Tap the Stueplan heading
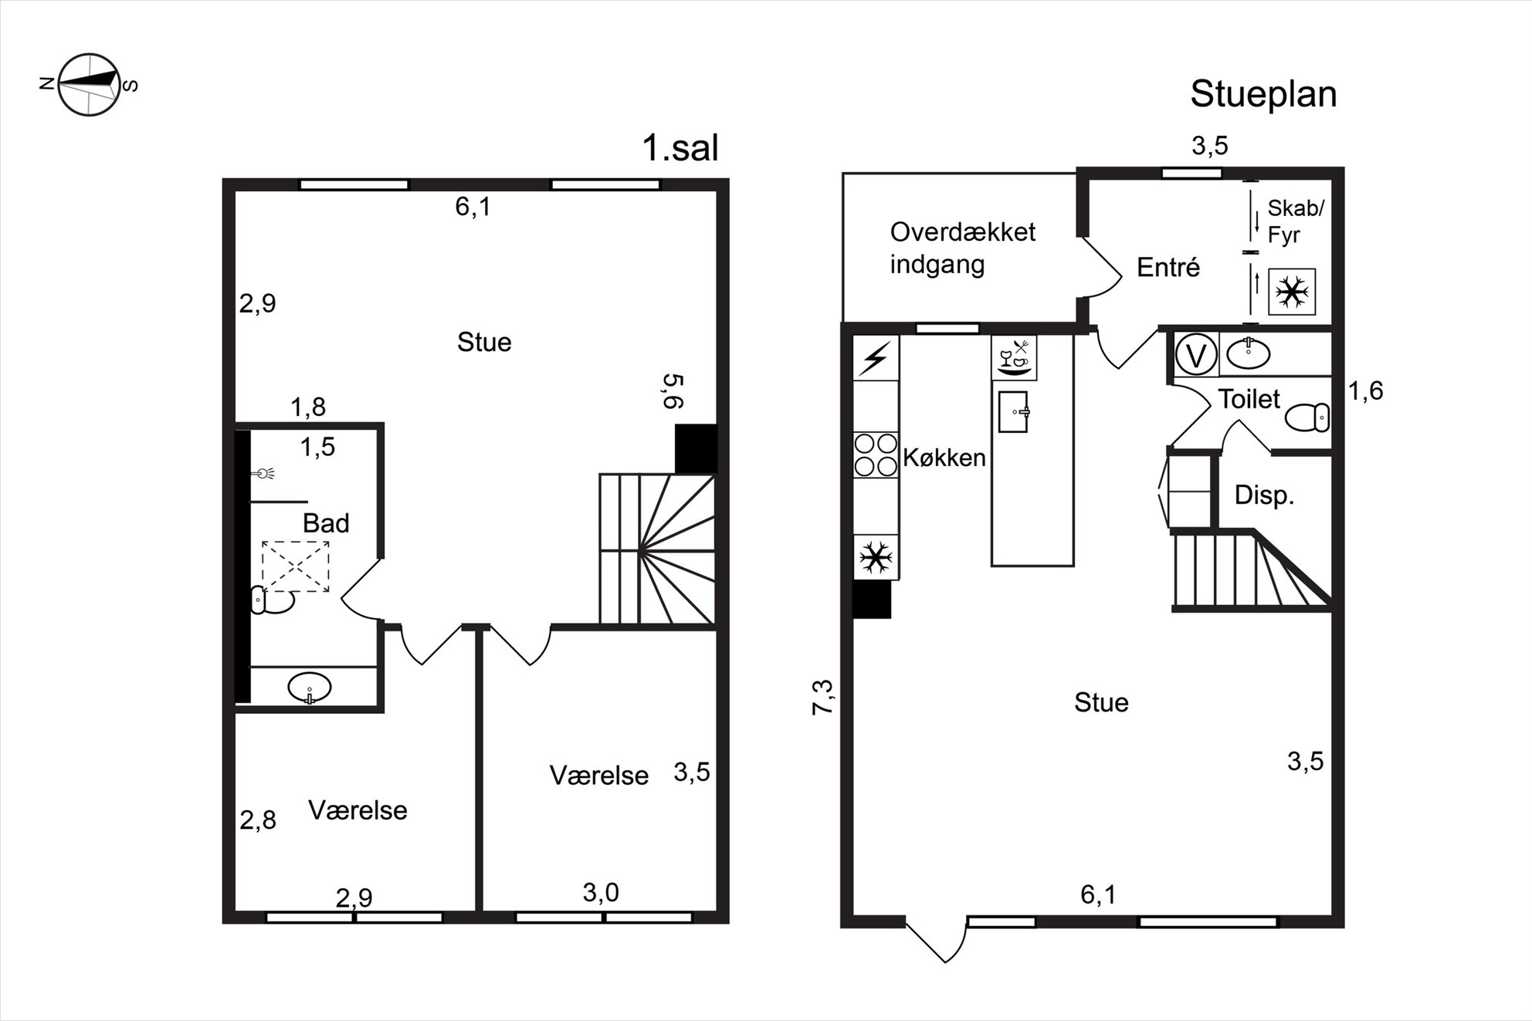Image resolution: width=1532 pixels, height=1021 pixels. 1263,94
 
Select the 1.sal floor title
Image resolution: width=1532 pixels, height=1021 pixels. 680,147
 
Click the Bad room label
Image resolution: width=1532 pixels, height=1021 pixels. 326,523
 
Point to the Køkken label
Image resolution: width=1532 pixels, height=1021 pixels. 944,458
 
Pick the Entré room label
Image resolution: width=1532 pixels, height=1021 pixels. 1168,267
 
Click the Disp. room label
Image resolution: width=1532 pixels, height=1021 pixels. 1264,495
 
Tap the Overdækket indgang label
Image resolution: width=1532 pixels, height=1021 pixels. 962,248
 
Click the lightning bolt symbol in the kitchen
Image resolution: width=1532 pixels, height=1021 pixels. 876,358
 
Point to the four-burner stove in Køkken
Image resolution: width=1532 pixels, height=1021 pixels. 876,455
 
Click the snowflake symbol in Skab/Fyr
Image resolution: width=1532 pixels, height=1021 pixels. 1292,292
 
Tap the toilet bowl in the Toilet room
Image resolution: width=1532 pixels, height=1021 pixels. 1307,418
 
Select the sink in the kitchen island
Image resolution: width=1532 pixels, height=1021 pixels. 1014,412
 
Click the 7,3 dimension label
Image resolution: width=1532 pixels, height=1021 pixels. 823,698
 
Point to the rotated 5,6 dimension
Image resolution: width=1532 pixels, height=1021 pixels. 673,391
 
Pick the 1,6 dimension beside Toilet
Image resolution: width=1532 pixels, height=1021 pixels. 1365,391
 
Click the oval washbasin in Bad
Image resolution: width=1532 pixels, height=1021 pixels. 309,687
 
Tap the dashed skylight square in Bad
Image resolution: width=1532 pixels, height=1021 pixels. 296,566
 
